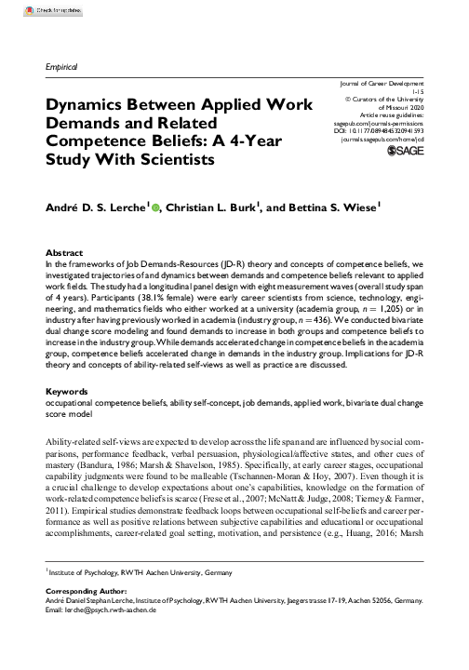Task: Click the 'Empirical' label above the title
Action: tap(61, 68)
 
